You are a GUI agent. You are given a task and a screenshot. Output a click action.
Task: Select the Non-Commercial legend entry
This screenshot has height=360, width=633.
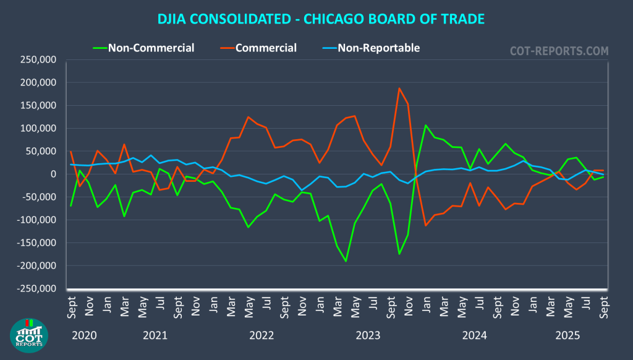[x=151, y=48]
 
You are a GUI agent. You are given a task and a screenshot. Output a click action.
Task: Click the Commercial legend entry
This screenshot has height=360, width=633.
[x=266, y=48]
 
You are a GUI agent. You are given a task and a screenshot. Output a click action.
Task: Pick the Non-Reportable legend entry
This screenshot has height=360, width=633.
[x=378, y=48]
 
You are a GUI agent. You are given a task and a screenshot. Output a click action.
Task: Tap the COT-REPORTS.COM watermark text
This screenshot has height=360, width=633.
[x=559, y=51]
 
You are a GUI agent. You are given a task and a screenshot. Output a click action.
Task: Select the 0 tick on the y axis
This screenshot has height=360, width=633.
[x=53, y=174]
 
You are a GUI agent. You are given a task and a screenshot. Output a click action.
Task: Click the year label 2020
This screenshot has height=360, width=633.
[x=84, y=336]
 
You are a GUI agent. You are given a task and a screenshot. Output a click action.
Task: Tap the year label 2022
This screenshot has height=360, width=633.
[x=261, y=336]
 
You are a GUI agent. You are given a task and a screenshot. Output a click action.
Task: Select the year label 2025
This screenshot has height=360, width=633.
[x=567, y=336]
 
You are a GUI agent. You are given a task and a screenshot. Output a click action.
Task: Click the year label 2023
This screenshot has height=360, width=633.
[x=368, y=336]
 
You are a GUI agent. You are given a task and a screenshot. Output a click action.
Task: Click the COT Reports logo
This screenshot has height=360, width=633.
[x=29, y=335]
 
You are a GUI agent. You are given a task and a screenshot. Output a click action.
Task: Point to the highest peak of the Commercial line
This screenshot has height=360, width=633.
[x=399, y=88]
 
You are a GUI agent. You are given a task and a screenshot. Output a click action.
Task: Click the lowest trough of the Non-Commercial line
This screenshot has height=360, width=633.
[x=346, y=261]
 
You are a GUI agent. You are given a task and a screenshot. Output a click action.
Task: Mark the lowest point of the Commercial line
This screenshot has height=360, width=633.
[x=426, y=225]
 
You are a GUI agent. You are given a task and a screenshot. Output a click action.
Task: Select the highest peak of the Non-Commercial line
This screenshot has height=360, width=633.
[x=426, y=125]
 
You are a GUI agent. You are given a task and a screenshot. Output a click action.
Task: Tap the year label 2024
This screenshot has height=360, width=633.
[x=475, y=336]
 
